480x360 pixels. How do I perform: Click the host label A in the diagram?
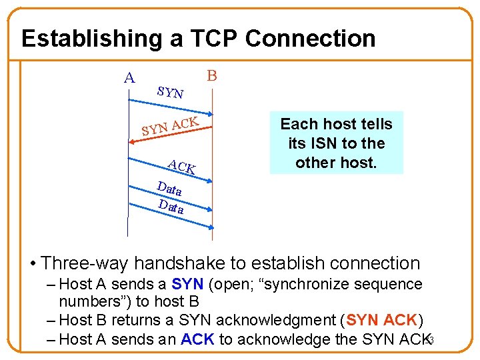129,78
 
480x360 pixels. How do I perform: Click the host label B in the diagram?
211,75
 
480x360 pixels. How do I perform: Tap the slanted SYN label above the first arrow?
171,92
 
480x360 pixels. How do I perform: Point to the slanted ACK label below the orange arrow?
181,167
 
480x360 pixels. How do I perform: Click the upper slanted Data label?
169,189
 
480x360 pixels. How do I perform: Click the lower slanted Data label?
171,207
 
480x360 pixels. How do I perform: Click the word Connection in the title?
310,39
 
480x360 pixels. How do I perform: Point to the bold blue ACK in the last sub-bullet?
197,339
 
